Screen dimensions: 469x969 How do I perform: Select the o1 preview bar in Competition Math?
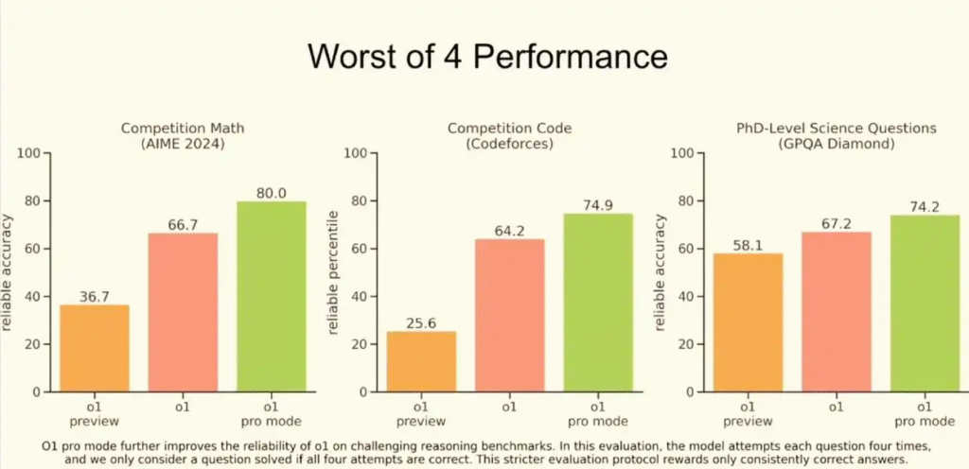[x=95, y=348]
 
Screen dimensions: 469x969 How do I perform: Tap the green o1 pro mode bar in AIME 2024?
[x=271, y=296]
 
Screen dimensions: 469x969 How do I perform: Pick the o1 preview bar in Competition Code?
[x=421, y=361]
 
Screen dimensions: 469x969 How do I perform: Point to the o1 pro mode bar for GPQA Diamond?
[x=925, y=303]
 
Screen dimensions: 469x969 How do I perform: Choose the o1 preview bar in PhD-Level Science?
[x=749, y=322]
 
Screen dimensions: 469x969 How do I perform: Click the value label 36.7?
[x=95, y=296]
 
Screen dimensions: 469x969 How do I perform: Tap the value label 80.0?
[x=271, y=193]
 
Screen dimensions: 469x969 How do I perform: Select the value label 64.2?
[x=509, y=230]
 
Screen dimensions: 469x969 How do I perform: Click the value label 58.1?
[x=749, y=245]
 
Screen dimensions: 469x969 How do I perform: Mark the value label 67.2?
[x=837, y=223]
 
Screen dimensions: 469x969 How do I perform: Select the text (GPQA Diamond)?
[x=837, y=143]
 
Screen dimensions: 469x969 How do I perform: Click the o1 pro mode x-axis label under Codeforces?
[x=597, y=414]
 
